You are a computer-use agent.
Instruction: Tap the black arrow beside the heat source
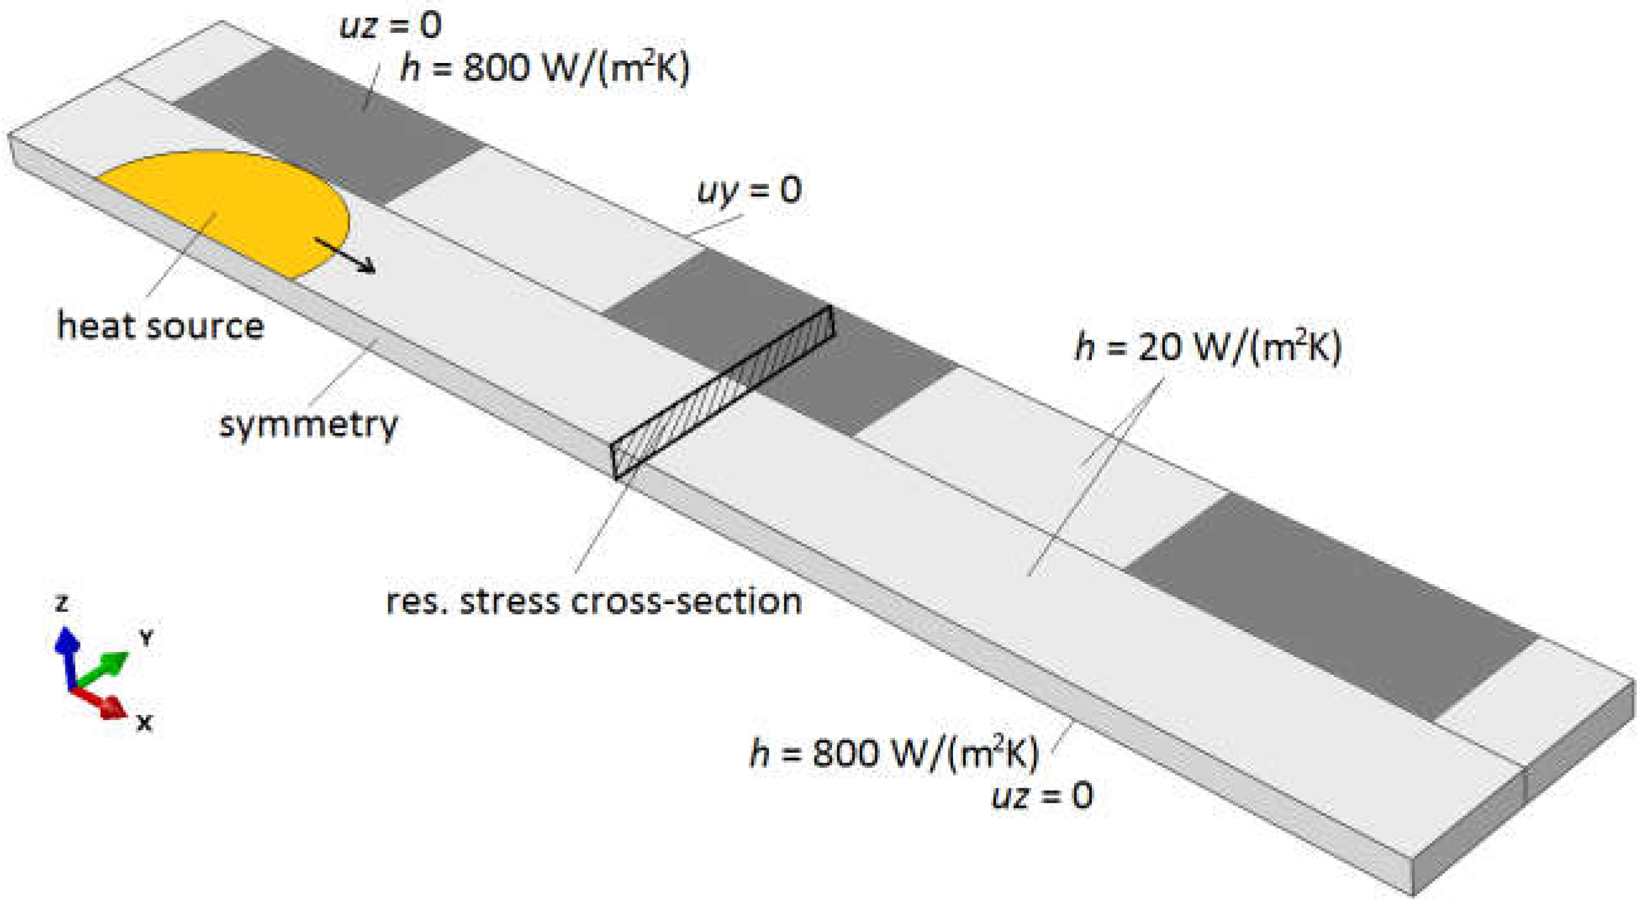click(x=345, y=256)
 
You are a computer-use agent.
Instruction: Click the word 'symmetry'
click(x=308, y=424)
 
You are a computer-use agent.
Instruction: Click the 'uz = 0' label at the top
click(x=390, y=26)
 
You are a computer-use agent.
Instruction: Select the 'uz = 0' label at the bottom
click(x=1041, y=796)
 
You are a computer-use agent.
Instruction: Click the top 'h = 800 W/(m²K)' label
click(x=545, y=67)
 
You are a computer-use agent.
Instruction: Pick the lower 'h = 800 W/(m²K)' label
click(x=893, y=753)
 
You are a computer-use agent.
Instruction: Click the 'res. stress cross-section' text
click(x=594, y=601)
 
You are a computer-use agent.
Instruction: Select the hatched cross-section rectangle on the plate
click(x=721, y=392)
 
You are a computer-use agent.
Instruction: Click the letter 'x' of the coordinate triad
click(x=145, y=722)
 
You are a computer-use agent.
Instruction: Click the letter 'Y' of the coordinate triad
click(x=147, y=637)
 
